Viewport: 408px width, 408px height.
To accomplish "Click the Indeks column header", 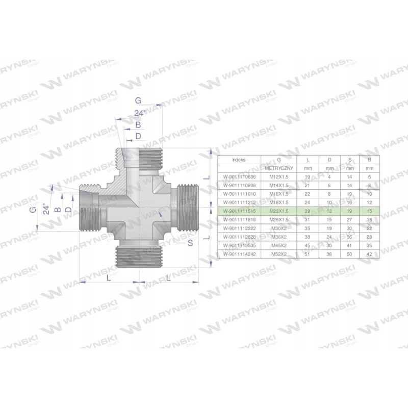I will (239, 159).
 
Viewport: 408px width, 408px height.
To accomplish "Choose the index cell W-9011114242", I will (239, 253).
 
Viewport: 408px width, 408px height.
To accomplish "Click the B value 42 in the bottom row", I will (369, 253).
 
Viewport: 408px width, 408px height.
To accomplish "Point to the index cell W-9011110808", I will (239, 185).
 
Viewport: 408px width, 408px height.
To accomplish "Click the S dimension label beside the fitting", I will (190, 243).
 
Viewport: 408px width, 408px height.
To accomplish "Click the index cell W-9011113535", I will (239, 245).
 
